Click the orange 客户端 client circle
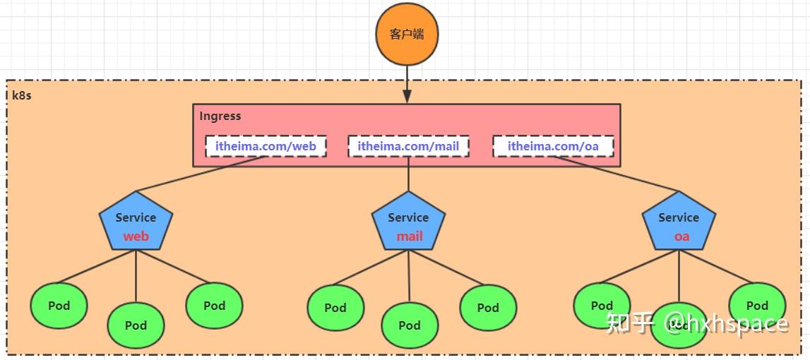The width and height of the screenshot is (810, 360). pyautogui.click(x=407, y=33)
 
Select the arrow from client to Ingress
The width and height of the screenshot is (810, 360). pyautogui.click(x=407, y=83)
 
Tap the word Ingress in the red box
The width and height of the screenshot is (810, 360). pyautogui.click(x=220, y=116)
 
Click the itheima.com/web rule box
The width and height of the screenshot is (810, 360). pyautogui.click(x=266, y=146)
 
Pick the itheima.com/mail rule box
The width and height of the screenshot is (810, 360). pyautogui.click(x=408, y=146)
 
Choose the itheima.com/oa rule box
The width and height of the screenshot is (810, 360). pyautogui.click(x=553, y=146)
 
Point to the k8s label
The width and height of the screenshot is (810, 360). pyautogui.click(x=22, y=95)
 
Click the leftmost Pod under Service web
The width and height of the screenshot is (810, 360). pyautogui.click(x=59, y=306)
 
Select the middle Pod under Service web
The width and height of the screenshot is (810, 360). pyautogui.click(x=136, y=325)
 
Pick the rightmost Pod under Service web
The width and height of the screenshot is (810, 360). pyautogui.click(x=214, y=306)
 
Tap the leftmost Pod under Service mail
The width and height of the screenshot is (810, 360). pyautogui.click(x=335, y=308)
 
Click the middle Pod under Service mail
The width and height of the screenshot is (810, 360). pyautogui.click(x=410, y=325)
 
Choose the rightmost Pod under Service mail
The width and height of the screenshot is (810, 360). pyautogui.click(x=488, y=308)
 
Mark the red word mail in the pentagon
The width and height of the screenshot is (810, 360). pyautogui.click(x=409, y=236)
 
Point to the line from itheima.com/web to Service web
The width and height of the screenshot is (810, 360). pyautogui.click(x=201, y=174)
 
